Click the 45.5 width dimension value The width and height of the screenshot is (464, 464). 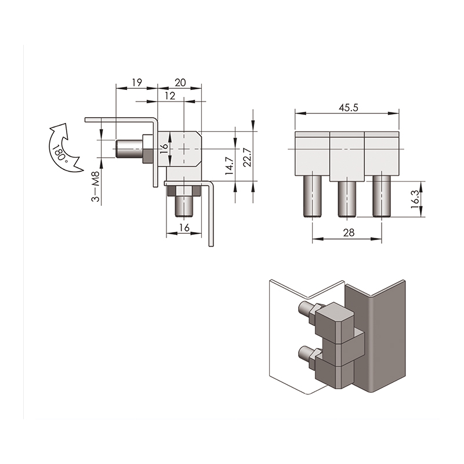(349, 108)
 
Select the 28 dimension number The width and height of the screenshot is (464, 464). (349, 233)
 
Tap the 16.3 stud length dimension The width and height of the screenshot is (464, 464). (415, 199)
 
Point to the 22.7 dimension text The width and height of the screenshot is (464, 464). (248, 157)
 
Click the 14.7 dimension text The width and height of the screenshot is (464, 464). (229, 166)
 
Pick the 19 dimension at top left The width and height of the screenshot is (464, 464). (137, 82)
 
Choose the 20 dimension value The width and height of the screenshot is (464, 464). (180, 82)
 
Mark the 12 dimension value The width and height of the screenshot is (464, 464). (170, 96)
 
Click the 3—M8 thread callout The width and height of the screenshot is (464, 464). (96, 187)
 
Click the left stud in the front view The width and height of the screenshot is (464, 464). (312, 197)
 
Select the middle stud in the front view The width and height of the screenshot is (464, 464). (347, 199)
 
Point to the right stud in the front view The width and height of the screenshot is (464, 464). (382, 197)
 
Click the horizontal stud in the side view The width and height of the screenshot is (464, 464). (129, 148)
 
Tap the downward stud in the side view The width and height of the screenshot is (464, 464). (184, 206)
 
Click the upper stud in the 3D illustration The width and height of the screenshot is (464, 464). (305, 308)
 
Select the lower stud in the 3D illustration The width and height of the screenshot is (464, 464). (305, 352)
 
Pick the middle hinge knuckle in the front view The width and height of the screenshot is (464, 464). (347, 157)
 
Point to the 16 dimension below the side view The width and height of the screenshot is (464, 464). (184, 228)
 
